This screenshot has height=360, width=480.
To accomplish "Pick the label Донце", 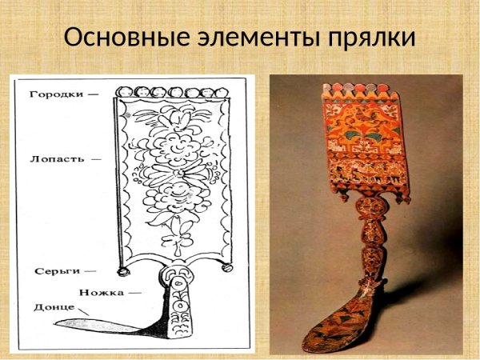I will [x=53, y=307].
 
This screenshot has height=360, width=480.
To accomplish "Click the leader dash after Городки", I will [x=94, y=94].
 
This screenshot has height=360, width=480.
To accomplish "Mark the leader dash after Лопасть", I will [x=96, y=158].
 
